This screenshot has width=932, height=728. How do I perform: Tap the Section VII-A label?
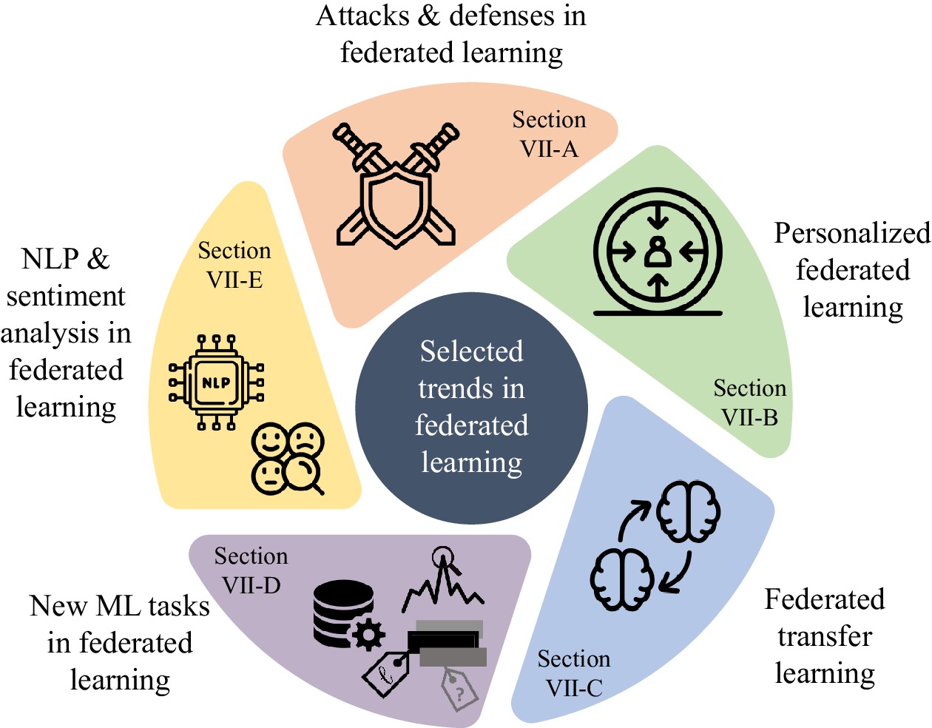pos(549,135)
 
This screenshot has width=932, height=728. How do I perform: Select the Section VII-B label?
pos(749,403)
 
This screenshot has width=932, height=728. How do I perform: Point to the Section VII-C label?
pos(574,673)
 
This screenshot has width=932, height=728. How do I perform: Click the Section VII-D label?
pos(251,570)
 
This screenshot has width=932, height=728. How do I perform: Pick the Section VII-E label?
pos(234,265)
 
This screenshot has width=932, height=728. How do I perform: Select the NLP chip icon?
pos(217,382)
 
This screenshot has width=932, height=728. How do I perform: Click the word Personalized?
pos(851,234)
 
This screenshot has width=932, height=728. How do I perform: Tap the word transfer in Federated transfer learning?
pos(825,636)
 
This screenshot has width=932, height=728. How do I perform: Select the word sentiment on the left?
pos(66,296)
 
